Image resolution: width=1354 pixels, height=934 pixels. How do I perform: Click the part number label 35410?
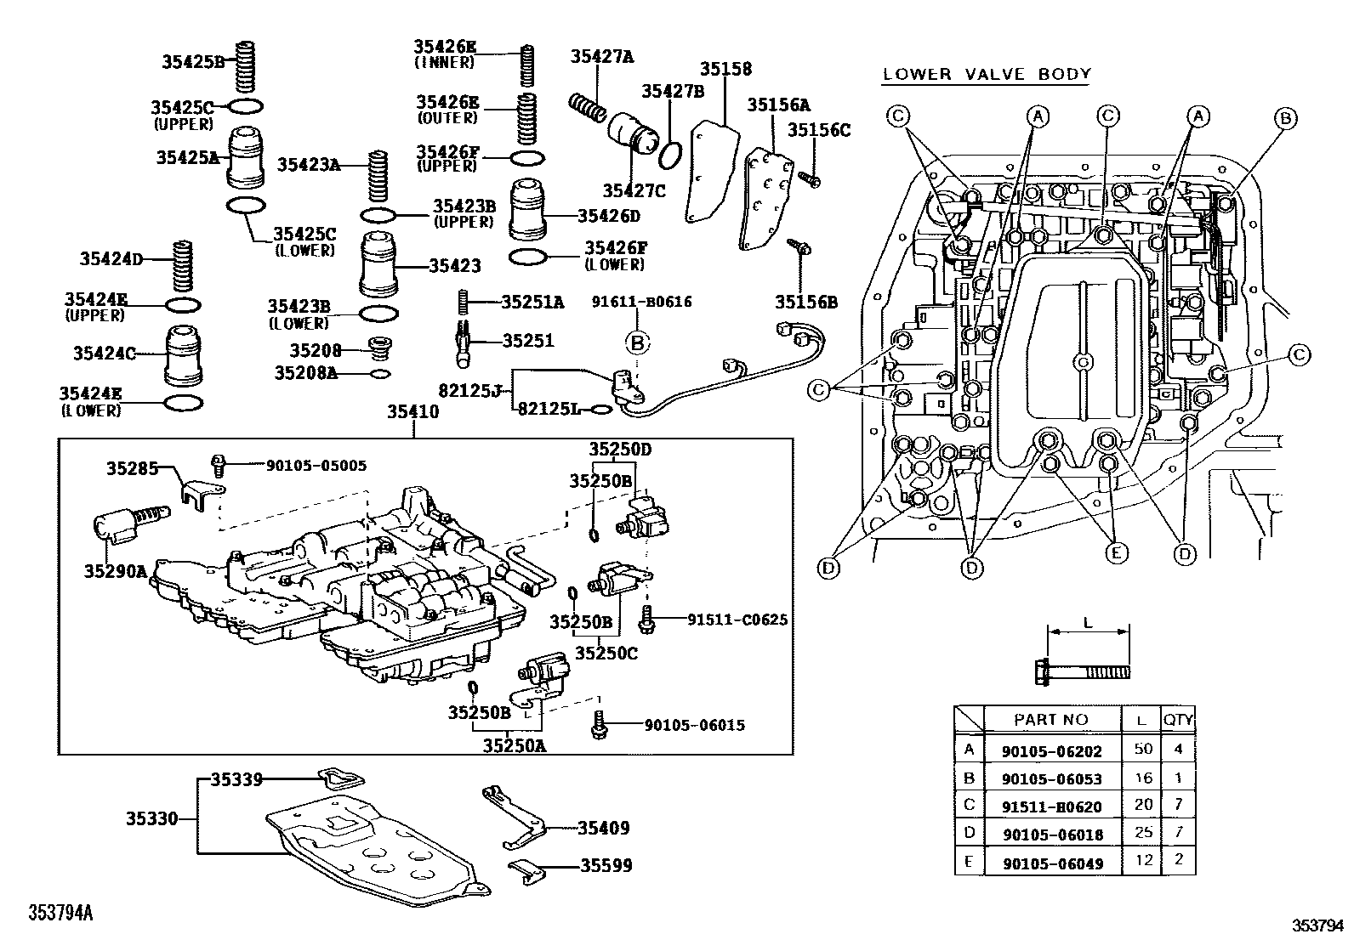412,412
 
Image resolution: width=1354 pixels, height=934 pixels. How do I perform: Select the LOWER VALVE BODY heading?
986,74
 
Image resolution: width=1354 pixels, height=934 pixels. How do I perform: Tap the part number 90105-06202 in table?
1051,751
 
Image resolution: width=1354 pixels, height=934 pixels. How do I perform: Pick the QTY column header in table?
1178,720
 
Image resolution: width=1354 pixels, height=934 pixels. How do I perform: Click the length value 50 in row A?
1143,750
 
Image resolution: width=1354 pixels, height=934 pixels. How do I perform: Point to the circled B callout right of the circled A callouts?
1286,118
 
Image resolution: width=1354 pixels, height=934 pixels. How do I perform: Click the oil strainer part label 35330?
152,819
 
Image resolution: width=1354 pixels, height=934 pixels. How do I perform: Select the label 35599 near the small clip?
606,866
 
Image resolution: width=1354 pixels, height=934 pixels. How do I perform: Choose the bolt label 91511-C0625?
737,620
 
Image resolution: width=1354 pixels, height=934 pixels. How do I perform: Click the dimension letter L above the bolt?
1088,623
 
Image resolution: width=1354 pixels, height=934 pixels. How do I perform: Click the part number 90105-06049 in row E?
1051,863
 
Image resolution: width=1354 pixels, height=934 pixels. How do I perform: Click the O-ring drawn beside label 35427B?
670,154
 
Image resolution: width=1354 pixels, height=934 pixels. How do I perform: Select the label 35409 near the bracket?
603,828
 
